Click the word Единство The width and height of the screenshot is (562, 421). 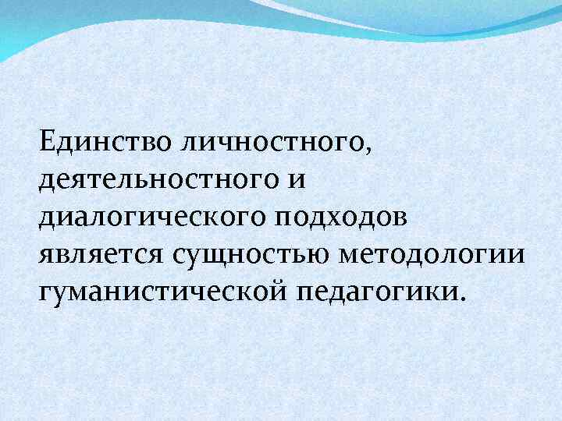coord(94,142)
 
